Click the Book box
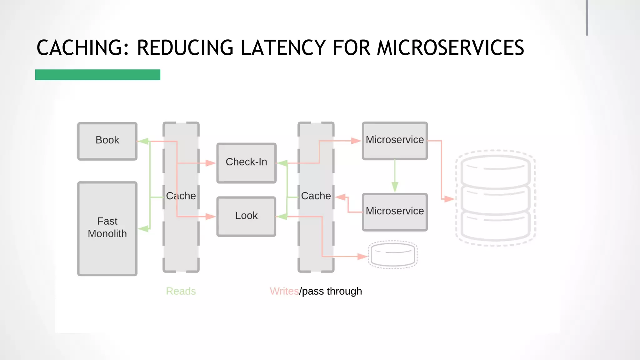[x=107, y=141]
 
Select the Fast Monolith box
[x=107, y=228]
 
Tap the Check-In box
[x=246, y=163]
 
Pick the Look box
[x=246, y=216]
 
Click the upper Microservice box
[x=395, y=141]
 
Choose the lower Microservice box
[x=395, y=212]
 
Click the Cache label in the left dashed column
[x=181, y=196]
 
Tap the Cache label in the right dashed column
[x=316, y=196]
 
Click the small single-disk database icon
[x=393, y=255]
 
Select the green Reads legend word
[x=181, y=291]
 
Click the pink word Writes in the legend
[x=284, y=291]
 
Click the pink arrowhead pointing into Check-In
[x=211, y=163]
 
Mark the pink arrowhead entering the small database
[x=362, y=257]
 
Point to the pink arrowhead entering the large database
[x=449, y=199]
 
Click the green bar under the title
[x=97, y=75]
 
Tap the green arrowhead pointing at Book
[x=143, y=141]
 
